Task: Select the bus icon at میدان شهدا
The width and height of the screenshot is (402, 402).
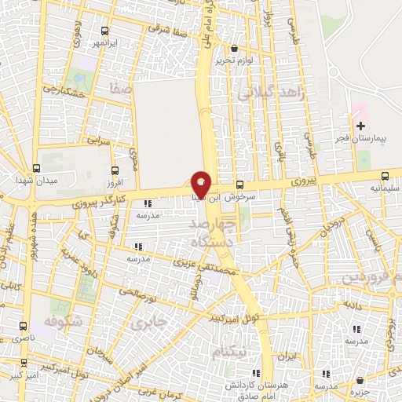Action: click(x=36, y=168)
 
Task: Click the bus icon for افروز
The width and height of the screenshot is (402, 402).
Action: click(x=115, y=170)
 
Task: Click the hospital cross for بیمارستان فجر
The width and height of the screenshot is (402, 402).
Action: click(x=360, y=126)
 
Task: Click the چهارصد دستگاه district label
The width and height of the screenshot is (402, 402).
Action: click(x=213, y=234)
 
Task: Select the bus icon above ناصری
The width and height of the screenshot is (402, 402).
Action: click(x=23, y=324)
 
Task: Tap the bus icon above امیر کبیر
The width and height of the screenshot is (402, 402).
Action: click(x=24, y=364)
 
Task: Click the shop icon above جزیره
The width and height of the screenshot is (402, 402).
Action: click(x=359, y=380)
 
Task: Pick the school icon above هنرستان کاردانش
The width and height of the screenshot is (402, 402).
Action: click(x=255, y=374)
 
